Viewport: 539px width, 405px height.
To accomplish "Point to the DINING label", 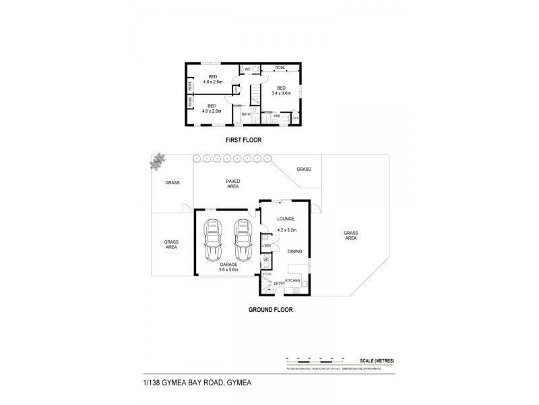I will [294, 252].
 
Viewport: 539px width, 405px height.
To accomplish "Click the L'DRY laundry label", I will [266, 245].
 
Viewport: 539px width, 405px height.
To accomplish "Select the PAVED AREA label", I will [232, 184].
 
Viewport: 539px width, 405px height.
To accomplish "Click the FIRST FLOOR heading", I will [242, 140].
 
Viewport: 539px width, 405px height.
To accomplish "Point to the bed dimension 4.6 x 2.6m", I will [213, 82].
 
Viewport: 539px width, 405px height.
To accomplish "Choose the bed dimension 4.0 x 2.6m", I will [212, 111].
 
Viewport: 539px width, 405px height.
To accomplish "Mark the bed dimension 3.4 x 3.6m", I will [282, 92].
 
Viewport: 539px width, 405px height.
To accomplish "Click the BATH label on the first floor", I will [246, 115].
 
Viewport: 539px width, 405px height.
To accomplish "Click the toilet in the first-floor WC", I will [244, 69].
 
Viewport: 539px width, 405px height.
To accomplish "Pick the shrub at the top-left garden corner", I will [160, 160].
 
